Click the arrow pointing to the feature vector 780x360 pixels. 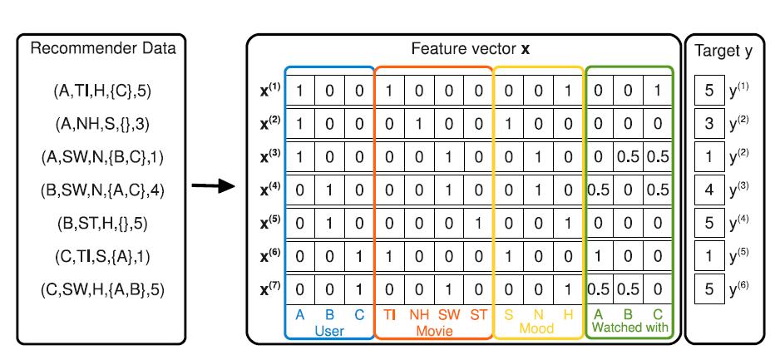point(213,189)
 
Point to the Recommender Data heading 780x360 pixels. point(103,48)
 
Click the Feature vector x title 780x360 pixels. point(471,48)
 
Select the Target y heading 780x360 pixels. point(724,52)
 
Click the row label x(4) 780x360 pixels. point(270,190)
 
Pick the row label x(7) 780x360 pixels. point(270,288)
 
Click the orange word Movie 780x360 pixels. point(434,329)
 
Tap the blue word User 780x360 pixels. point(329,329)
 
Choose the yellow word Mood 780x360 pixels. point(536,329)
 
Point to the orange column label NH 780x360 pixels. point(421,314)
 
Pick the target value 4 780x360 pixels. point(708,190)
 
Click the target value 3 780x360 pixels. point(708,123)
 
